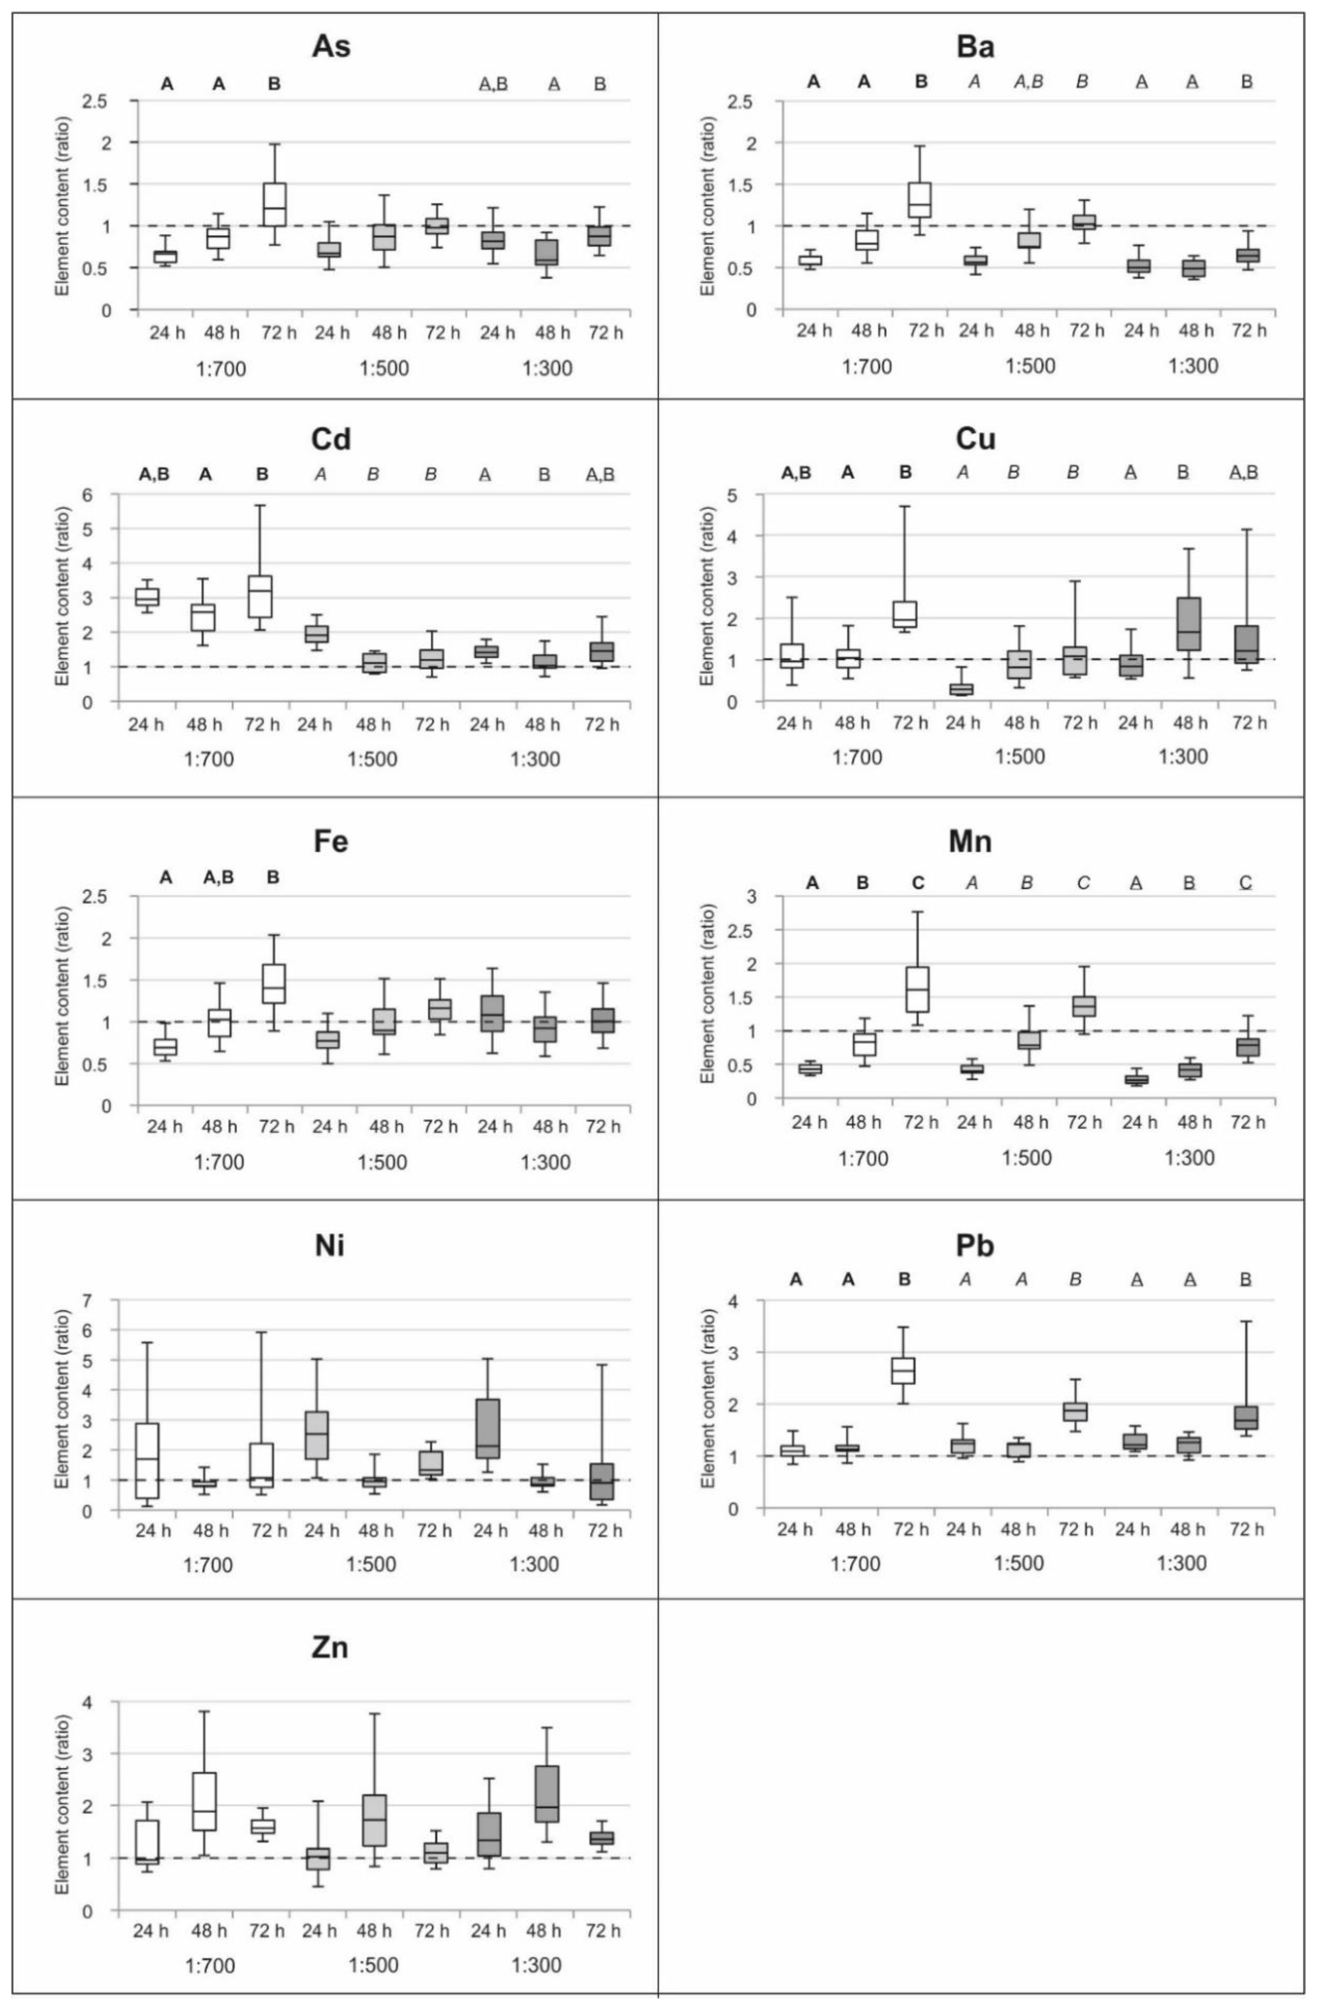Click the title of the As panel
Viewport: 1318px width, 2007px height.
point(331,46)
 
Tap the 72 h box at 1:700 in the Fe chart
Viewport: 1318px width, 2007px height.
point(273,983)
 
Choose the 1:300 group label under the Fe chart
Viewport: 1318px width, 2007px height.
point(546,1163)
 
